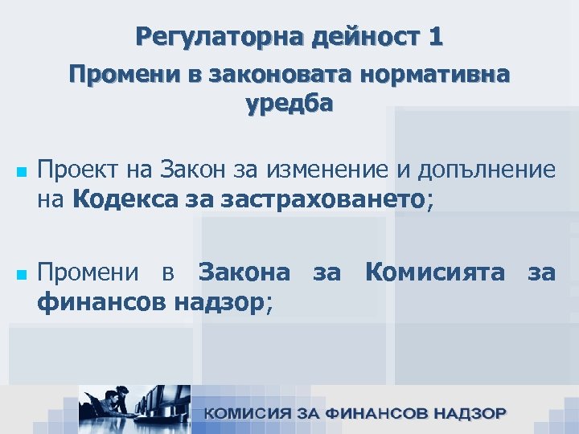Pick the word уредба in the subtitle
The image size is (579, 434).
[288, 104]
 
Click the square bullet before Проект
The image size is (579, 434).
[21, 173]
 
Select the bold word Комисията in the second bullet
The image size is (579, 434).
[435, 272]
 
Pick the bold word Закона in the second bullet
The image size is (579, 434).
[244, 272]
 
